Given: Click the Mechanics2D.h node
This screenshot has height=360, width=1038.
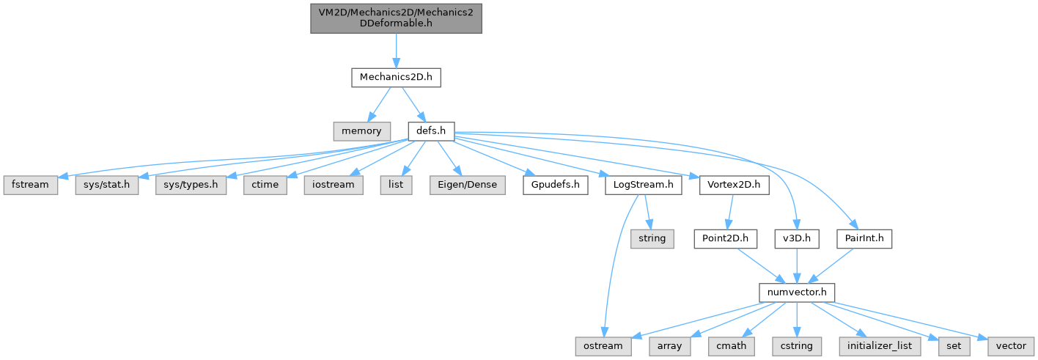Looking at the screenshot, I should pos(396,77).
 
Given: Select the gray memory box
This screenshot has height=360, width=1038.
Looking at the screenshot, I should pos(361,131).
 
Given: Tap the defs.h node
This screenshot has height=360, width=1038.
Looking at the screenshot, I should pos(431,131).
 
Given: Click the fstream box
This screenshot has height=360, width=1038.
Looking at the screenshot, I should pos(30,185).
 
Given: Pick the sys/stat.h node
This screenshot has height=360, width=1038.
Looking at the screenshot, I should pos(107,185).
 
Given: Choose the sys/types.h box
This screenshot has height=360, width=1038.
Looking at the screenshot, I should pos(190,185).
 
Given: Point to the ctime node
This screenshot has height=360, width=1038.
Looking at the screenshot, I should pos(265,185).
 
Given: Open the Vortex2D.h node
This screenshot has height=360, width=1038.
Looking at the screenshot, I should pos(734,185).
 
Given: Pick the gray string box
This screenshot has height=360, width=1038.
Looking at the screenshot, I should pos(652,238).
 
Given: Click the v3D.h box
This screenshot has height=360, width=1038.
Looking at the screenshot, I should pos(796,238).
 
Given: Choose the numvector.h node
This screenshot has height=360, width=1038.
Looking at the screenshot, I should pos(797,292).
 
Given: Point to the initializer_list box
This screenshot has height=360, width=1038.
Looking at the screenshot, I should pos(880,345).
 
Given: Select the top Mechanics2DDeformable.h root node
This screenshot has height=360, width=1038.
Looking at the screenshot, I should pos(396,16).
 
